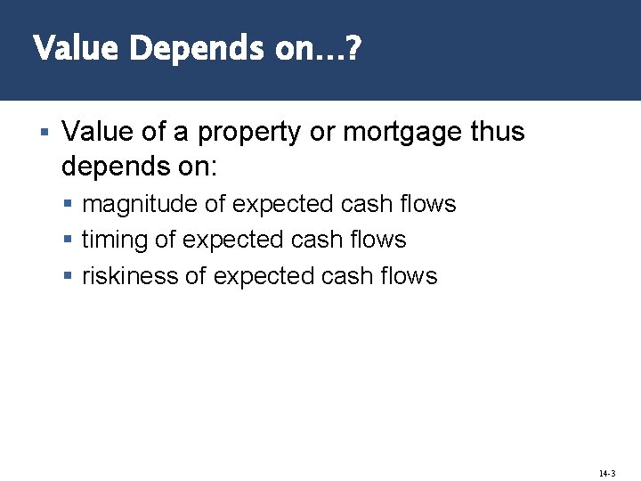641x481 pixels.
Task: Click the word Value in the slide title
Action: pos(76,48)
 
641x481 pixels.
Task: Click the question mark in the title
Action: pos(353,48)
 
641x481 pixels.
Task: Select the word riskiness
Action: pos(130,276)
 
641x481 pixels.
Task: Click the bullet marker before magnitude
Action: pos(70,205)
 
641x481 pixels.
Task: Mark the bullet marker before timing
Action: pos(70,240)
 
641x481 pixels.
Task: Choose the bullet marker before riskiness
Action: pos(70,276)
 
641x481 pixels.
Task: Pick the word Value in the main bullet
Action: pos(94,133)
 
